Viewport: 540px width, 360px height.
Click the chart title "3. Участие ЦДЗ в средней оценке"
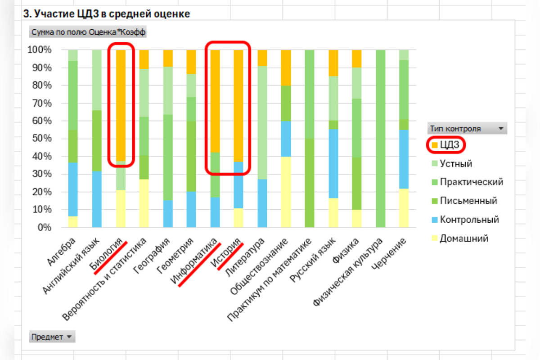click(x=107, y=14)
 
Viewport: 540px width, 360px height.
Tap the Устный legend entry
click(x=455, y=163)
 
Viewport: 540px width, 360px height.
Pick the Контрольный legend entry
click(x=469, y=220)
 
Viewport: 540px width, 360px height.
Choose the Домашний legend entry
click(x=464, y=238)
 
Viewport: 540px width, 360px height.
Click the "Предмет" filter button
click(x=52, y=337)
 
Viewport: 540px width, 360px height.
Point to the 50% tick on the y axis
click(x=42, y=139)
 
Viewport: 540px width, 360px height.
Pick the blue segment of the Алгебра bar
click(x=73, y=189)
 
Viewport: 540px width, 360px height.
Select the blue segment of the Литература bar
click(x=262, y=203)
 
